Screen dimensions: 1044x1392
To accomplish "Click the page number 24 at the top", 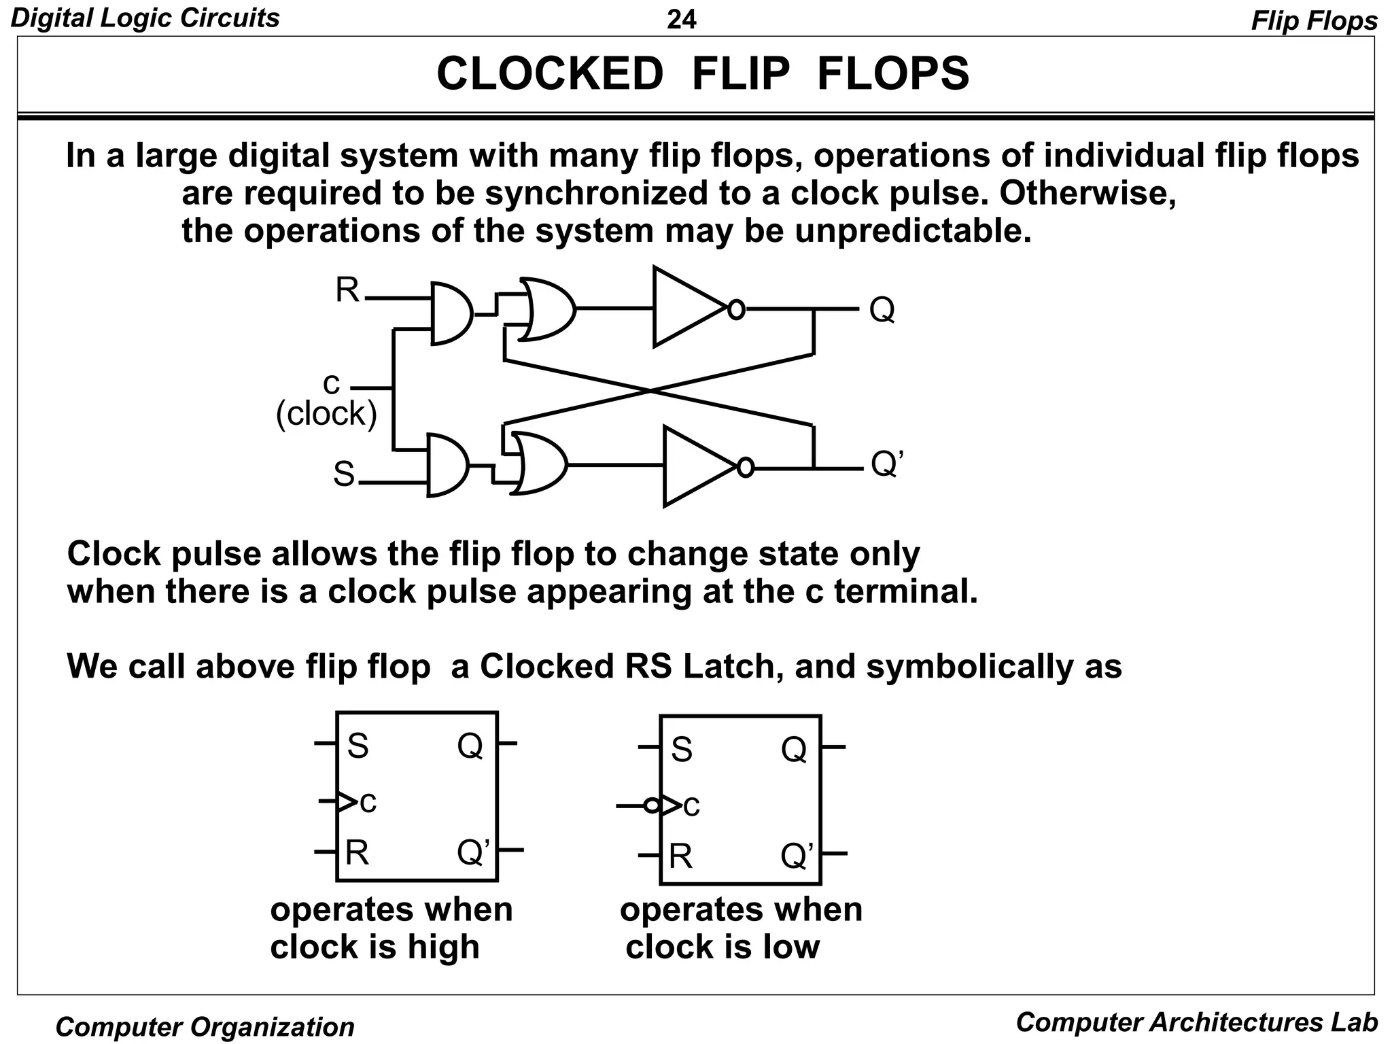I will click(681, 20).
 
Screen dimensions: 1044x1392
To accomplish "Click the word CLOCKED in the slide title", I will click(549, 73).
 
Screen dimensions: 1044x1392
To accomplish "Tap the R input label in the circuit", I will click(347, 291).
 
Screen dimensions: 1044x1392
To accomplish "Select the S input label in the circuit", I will click(344, 474).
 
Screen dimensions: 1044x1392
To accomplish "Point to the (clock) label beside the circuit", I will click(326, 413).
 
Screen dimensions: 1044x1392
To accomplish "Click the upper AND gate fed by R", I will click(451, 313).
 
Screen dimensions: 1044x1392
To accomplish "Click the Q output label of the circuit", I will click(882, 310).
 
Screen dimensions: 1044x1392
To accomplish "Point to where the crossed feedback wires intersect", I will click(650, 391).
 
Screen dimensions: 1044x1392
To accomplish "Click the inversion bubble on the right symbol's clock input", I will click(651, 806).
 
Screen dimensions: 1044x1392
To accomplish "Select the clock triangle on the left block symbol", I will click(347, 803).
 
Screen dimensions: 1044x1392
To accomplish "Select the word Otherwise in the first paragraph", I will click(1087, 194).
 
